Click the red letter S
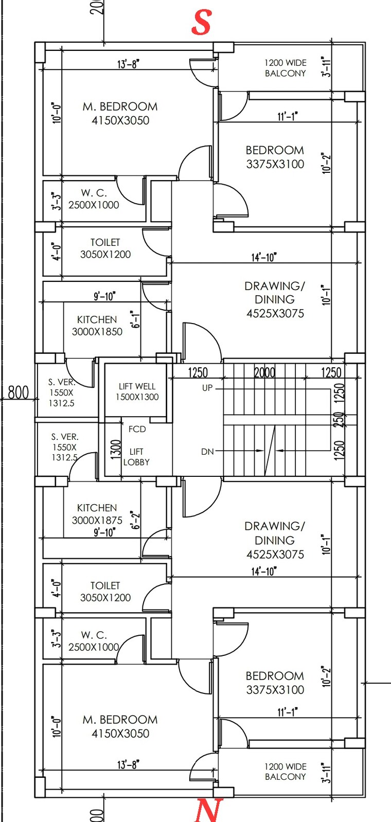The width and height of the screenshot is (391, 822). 201,23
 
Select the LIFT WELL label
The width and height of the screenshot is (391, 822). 137,386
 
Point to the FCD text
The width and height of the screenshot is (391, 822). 137,429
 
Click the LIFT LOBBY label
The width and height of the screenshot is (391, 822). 136,457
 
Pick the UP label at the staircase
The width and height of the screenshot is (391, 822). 207,388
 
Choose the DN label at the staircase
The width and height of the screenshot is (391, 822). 207,452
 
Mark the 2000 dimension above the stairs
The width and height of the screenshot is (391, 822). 265,372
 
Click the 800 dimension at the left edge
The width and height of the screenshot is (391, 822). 19,394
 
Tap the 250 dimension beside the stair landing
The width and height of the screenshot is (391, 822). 338,419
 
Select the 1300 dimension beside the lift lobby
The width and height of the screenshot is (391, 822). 116,449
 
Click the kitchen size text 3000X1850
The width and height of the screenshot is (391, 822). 97,332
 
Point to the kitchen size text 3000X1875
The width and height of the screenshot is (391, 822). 97,520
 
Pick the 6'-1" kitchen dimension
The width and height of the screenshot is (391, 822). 135,319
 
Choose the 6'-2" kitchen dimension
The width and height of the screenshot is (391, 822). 135,520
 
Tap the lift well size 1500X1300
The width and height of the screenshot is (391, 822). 137,397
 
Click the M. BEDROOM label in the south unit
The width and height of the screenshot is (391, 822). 120,106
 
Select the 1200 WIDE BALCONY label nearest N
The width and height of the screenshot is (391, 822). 286,772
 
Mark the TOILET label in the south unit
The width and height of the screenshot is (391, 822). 105,242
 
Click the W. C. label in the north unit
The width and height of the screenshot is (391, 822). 94,635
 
